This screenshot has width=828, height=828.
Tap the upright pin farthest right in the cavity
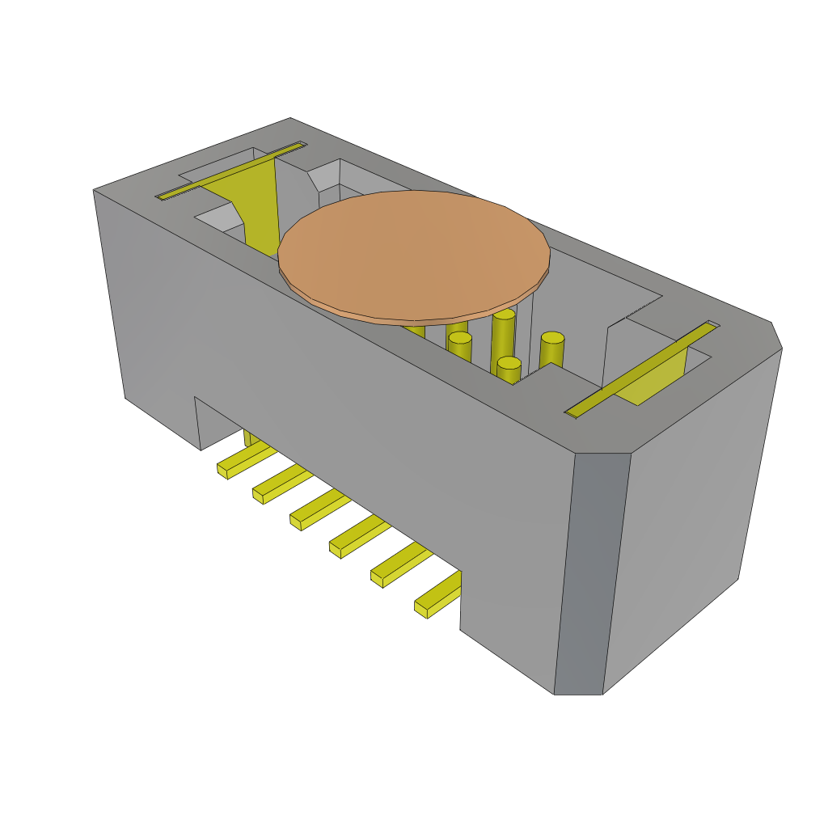tap(551, 349)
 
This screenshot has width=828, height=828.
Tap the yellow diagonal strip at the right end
tap(639, 370)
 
